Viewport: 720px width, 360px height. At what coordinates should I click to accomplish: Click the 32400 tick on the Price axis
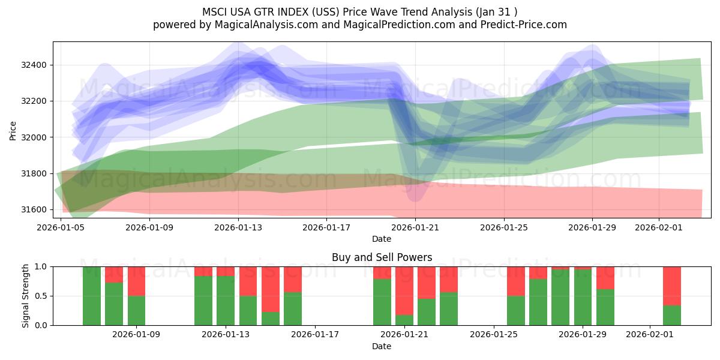coord(36,65)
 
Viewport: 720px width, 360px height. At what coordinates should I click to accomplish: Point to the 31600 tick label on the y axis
coord(36,209)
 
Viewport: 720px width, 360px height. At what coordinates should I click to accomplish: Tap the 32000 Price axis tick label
coord(36,137)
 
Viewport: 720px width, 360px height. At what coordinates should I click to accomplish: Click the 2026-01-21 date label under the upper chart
coord(415,227)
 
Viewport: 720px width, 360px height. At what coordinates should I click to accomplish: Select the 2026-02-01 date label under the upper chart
coord(659,227)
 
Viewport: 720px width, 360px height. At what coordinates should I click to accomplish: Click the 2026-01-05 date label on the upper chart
coord(61,227)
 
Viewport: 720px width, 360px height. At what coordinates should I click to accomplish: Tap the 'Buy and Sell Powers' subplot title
coord(382,257)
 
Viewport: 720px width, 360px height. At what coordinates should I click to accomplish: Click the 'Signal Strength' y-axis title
coord(25,296)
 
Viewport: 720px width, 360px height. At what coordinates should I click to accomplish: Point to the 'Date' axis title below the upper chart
coord(382,239)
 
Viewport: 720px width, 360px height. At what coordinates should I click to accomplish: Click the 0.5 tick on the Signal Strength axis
coord(41,296)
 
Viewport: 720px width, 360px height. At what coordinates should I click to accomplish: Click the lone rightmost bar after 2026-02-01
coord(672,296)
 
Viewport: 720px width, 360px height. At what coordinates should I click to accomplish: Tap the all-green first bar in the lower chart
coord(92,296)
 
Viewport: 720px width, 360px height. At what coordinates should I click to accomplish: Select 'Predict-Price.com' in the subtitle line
coord(525,25)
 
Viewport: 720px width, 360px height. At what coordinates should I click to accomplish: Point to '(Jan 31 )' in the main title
coord(496,11)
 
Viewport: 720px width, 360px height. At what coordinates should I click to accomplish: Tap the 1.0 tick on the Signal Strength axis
coord(41,266)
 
